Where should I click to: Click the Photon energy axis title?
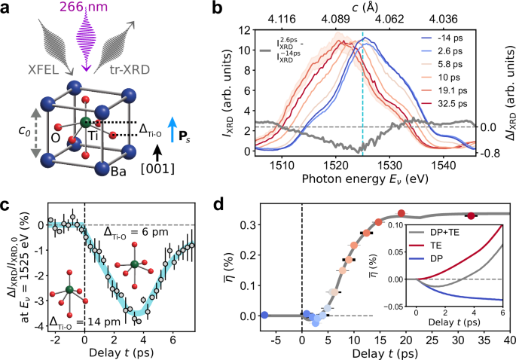tap(357, 180)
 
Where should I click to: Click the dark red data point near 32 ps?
tap(471, 216)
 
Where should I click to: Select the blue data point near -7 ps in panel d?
tap(264, 315)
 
